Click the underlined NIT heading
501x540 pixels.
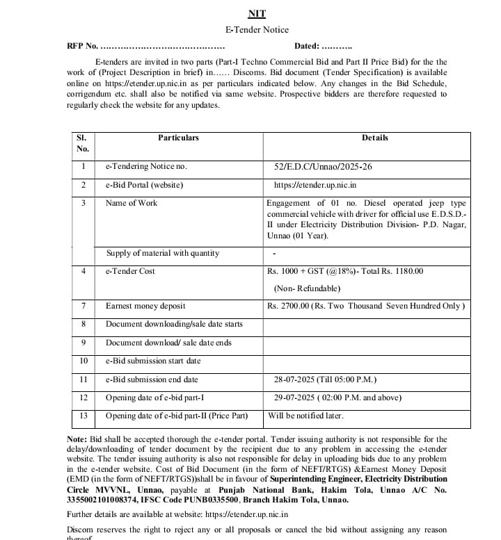(x=257, y=14)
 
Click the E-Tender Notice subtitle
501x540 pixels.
(x=257, y=30)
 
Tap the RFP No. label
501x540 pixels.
(x=82, y=46)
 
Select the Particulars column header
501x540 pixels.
(x=178, y=138)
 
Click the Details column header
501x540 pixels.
(x=374, y=138)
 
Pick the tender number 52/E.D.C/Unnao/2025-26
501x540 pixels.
(x=324, y=167)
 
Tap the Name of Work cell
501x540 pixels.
(x=132, y=203)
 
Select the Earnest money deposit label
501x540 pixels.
(x=145, y=306)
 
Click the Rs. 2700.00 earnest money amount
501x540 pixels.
(x=365, y=306)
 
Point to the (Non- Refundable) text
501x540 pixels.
(x=307, y=288)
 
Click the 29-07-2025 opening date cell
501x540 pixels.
(x=337, y=398)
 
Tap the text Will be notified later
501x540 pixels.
(x=305, y=416)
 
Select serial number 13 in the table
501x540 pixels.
(x=83, y=416)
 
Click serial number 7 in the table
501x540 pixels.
(x=83, y=306)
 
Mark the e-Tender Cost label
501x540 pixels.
(x=130, y=271)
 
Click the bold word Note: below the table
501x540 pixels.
(x=77, y=439)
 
